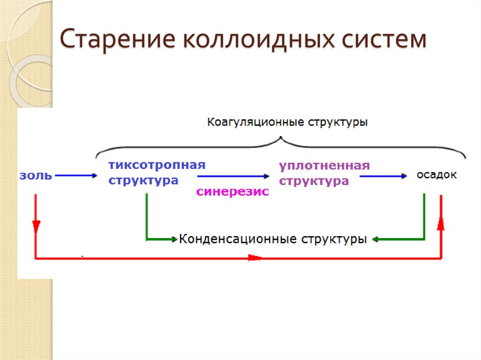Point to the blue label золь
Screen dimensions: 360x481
(x=35, y=176)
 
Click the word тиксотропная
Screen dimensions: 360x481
(x=157, y=166)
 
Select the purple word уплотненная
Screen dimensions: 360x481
(x=324, y=166)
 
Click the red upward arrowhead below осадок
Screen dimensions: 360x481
(x=441, y=224)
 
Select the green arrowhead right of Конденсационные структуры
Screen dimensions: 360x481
(x=377, y=239)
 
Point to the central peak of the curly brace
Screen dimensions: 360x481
(x=281, y=139)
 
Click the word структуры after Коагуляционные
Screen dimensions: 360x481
(x=338, y=123)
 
